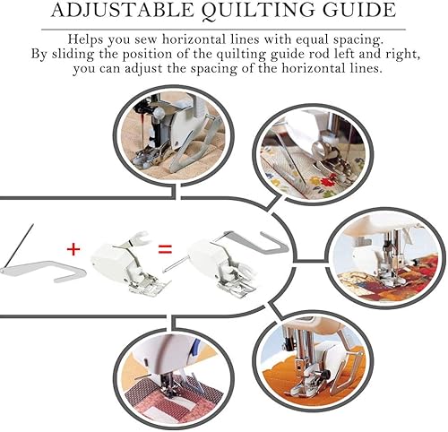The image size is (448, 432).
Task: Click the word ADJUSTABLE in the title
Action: (123, 10)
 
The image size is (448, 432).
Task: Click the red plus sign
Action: (73, 249)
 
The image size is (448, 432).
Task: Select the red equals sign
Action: (165, 249)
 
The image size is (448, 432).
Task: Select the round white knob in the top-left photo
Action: (159, 113)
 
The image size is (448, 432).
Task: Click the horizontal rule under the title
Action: (223, 30)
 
